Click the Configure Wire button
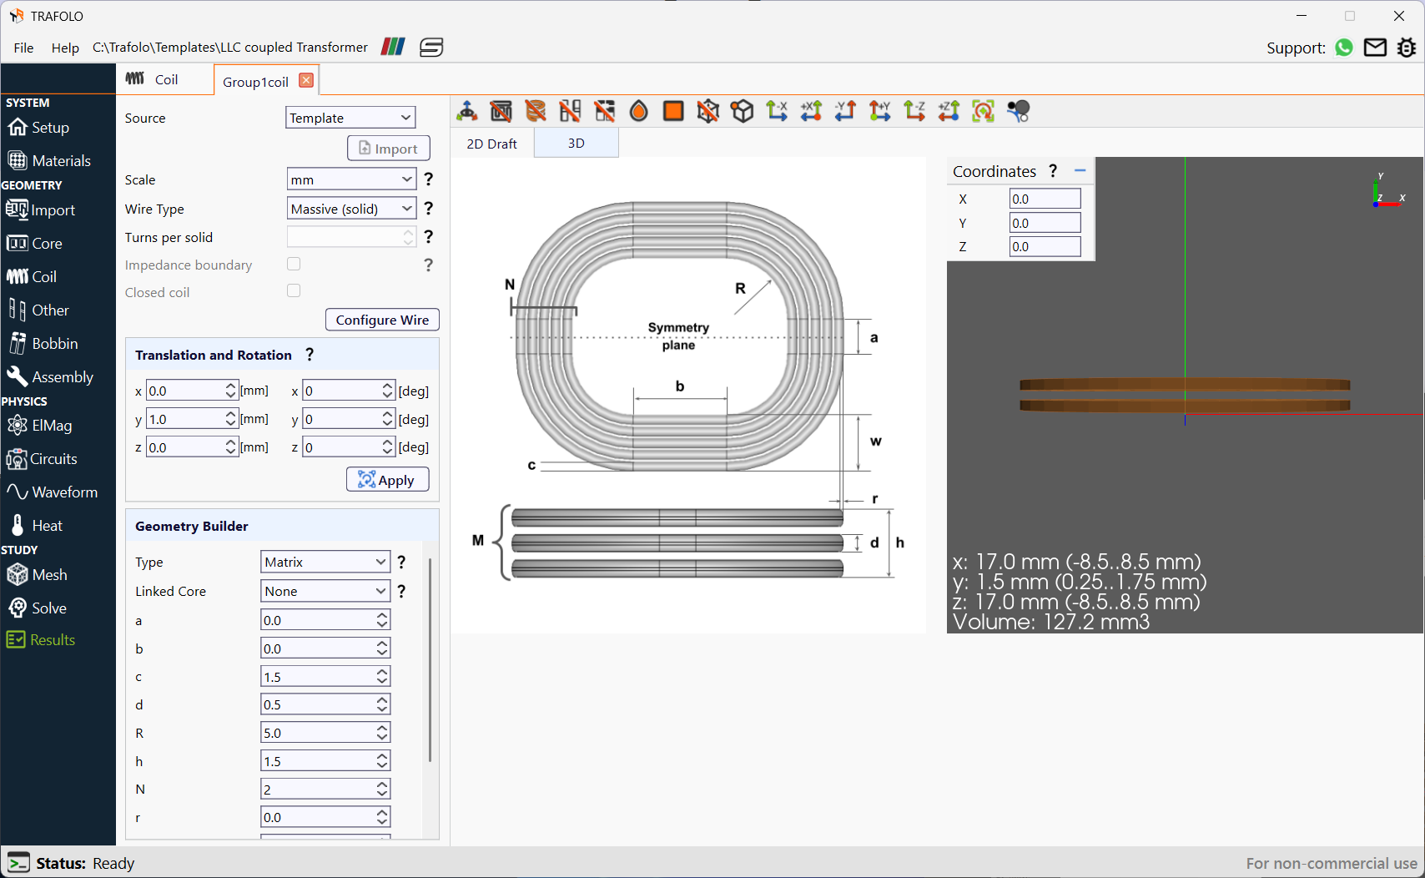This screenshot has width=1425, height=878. click(x=382, y=320)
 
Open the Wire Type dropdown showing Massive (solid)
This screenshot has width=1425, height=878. click(x=351, y=209)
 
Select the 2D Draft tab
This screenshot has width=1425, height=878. click(x=491, y=144)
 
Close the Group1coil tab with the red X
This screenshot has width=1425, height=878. click(x=306, y=80)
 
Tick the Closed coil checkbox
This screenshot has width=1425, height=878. click(x=294, y=291)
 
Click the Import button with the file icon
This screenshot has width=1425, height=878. click(x=388, y=149)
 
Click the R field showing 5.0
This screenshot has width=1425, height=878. click(x=317, y=733)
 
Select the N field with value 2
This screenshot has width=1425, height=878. click(x=317, y=790)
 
